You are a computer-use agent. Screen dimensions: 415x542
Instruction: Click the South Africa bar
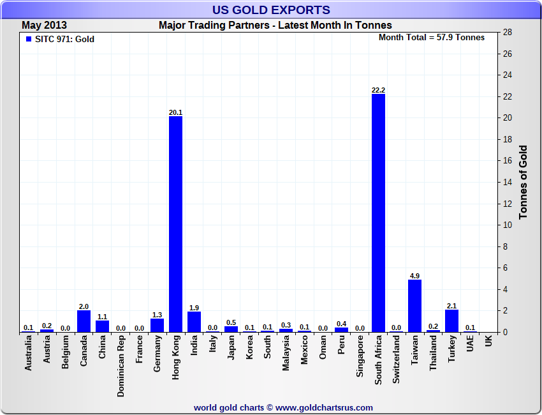coord(378,213)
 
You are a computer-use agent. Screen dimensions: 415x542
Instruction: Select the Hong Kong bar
coord(175,223)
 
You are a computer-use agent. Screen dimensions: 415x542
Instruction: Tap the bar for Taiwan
coord(414,306)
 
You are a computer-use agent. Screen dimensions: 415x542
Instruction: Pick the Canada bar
coord(84,321)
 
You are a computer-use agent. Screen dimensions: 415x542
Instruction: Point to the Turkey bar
coord(451,321)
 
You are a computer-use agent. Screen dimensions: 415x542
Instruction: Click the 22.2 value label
coord(378,90)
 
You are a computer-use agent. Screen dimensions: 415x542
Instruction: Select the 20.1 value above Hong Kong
coord(175,112)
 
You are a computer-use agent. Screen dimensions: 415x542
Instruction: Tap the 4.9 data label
coord(414,276)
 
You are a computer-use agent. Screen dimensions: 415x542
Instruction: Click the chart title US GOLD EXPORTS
coord(271,10)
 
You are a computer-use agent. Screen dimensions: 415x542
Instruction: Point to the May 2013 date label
coord(45,25)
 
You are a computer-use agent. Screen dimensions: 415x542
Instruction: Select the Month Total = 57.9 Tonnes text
coord(432,38)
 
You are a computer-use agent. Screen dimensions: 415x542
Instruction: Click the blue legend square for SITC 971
coord(28,39)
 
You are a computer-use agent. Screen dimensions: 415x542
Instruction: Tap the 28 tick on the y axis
coord(508,33)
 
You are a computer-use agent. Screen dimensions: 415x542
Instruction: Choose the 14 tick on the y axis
coord(508,183)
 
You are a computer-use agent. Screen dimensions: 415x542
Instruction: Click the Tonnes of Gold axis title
coord(524,183)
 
